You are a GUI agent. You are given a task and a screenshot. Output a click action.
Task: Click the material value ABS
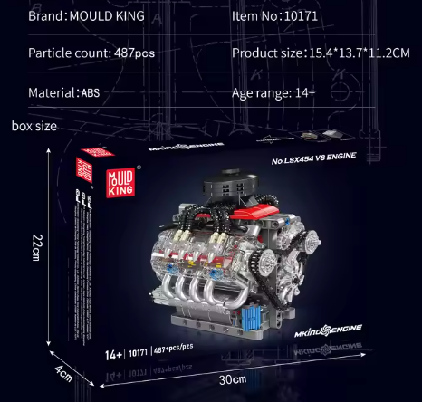tap(91, 92)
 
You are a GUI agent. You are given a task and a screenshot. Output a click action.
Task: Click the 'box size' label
tap(34, 126)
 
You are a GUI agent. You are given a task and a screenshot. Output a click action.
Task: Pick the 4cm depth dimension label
tap(61, 372)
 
